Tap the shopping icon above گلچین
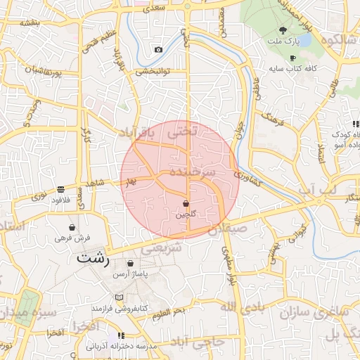point(186,203)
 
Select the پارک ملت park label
point(288,42)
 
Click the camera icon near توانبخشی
point(158,49)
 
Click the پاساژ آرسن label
point(130,274)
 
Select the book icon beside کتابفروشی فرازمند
point(119,298)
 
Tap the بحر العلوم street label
point(169,311)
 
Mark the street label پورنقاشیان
point(31,70)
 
